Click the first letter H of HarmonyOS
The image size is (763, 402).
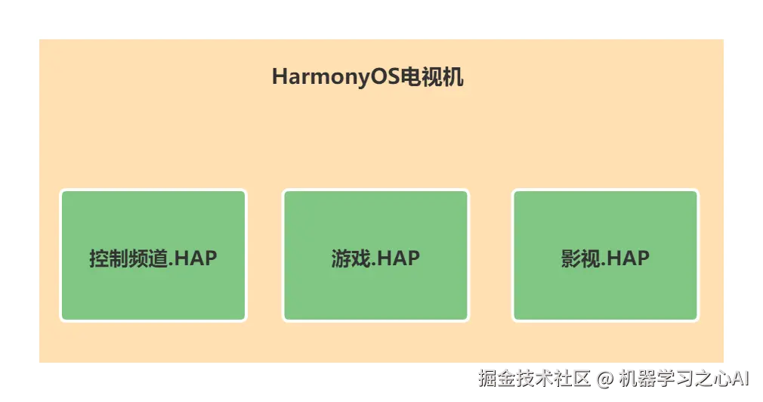279,77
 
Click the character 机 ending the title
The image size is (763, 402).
453,77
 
